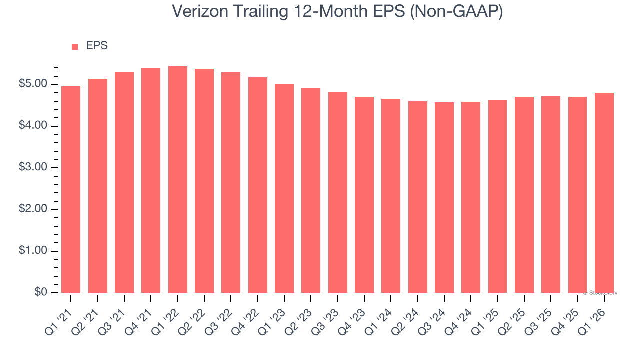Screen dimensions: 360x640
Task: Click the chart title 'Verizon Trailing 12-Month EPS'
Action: pyautogui.click(x=337, y=12)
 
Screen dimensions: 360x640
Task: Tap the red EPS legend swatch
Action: pyautogui.click(x=75, y=46)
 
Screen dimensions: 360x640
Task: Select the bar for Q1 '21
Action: pyautogui.click(x=71, y=190)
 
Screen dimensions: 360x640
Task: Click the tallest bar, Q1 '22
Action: pyautogui.click(x=178, y=180)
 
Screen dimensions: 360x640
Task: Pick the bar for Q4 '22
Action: pyautogui.click(x=258, y=185)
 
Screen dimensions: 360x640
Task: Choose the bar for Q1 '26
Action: pyautogui.click(x=604, y=193)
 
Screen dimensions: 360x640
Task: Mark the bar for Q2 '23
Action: pyautogui.click(x=311, y=190)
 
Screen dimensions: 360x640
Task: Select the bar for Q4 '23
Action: pyautogui.click(x=364, y=195)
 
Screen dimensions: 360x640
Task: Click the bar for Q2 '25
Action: pyautogui.click(x=524, y=195)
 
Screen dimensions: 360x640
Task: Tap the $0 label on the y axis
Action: pyautogui.click(x=41, y=293)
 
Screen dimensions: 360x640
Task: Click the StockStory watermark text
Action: pyautogui.click(x=600, y=293)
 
